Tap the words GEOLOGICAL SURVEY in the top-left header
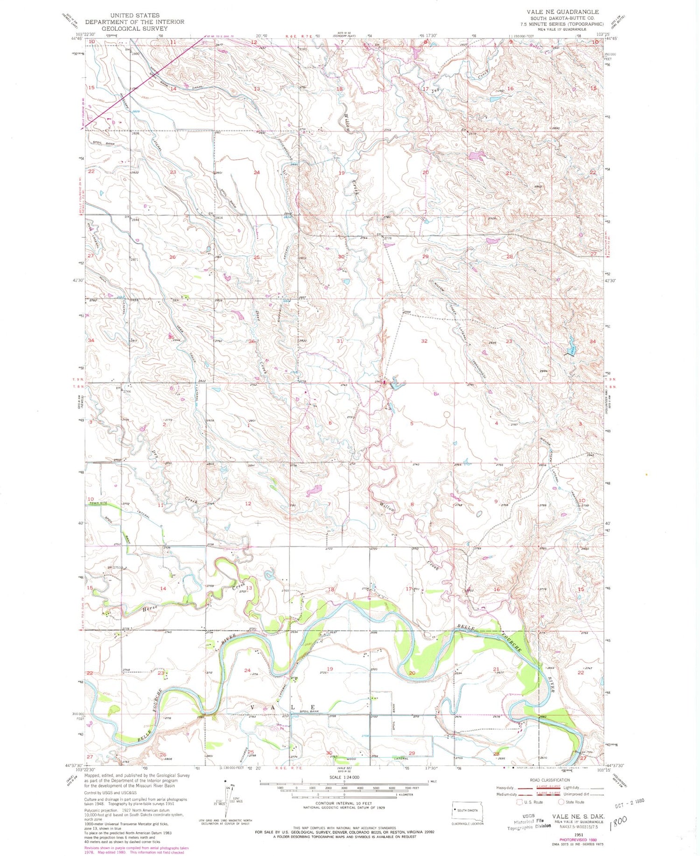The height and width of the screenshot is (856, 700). (134, 28)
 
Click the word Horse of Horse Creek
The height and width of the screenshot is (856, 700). (151, 608)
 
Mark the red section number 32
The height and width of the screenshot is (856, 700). (424, 341)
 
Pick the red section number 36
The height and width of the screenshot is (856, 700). (252, 342)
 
